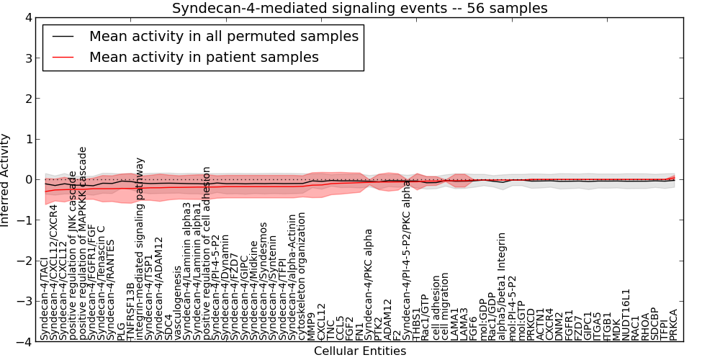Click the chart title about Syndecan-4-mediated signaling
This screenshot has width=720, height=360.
[359, 8]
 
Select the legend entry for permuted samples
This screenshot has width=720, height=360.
[222, 35]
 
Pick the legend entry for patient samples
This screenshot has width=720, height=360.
[204, 56]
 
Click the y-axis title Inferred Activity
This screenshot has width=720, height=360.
[6, 180]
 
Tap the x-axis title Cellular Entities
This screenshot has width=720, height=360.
[359, 351]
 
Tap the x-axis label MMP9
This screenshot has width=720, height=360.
[311, 327]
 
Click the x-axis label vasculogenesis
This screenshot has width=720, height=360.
[178, 310]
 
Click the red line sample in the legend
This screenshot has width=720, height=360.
[63, 56]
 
